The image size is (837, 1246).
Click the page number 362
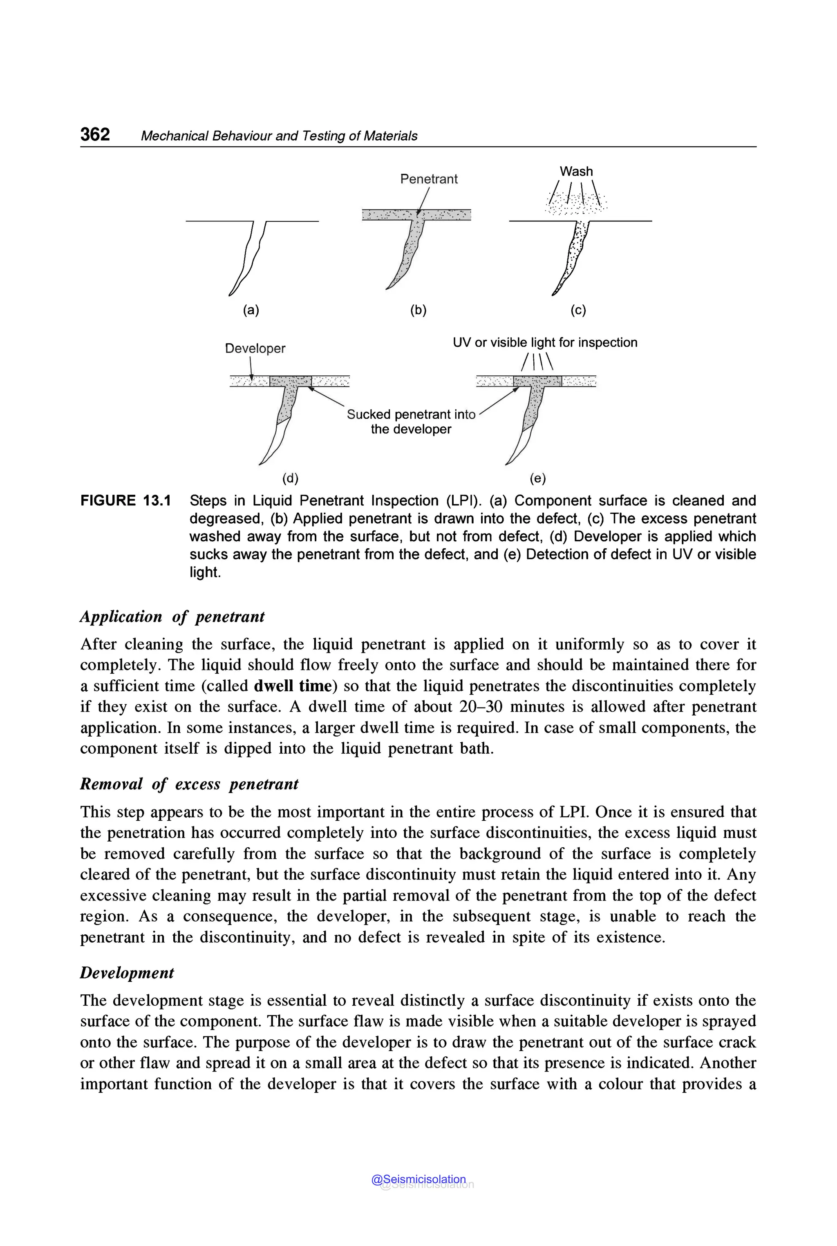pos(95,134)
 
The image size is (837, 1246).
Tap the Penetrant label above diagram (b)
pos(429,179)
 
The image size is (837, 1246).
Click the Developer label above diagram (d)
pos(255,348)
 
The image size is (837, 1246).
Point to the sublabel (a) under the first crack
pos(251,310)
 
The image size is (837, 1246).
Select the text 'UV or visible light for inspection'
pos(545,343)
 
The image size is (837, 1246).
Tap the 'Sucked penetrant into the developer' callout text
pos(411,422)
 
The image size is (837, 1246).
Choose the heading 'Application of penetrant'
pos(172,617)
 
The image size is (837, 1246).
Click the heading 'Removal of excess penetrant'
pos(189,784)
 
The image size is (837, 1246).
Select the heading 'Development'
pos(127,973)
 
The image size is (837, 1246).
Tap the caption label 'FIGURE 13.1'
pos(125,501)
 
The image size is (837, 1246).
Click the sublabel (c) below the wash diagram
pos(578,310)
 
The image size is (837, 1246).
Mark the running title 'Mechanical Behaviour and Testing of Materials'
pos(279,136)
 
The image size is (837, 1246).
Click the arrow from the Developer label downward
pos(251,368)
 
